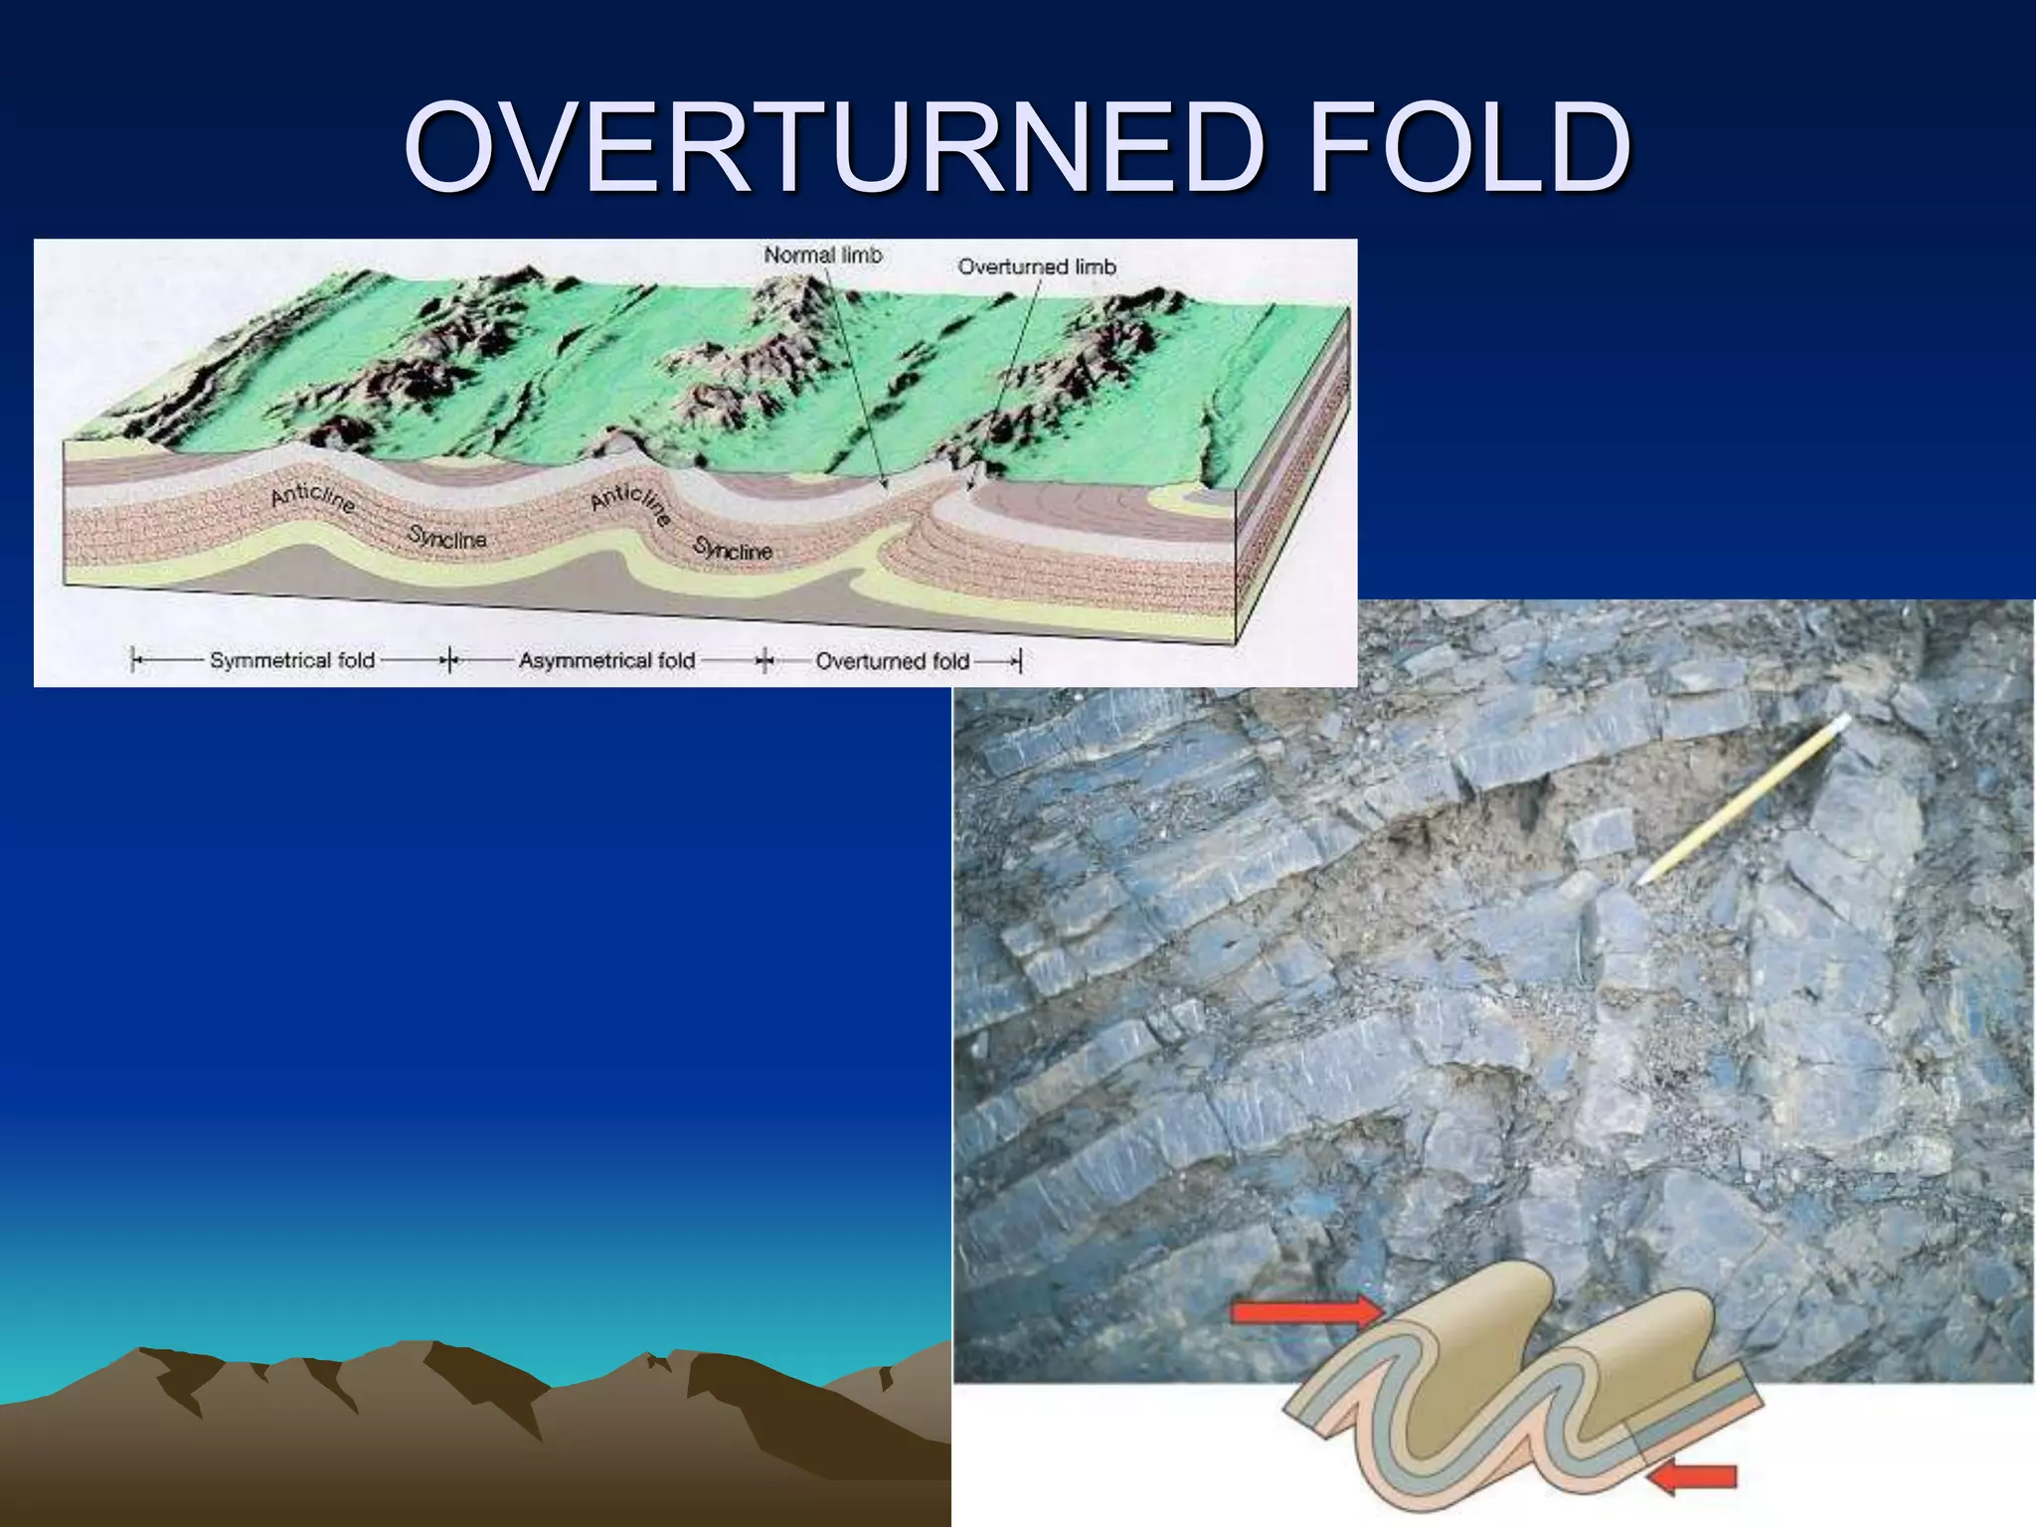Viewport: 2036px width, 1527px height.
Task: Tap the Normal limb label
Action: (822, 255)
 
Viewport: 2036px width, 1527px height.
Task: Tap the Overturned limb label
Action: (1036, 266)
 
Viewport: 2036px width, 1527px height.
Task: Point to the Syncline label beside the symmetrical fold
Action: (447, 538)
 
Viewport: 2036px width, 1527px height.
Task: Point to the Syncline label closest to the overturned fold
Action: (733, 549)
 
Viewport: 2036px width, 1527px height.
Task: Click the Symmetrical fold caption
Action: (291, 660)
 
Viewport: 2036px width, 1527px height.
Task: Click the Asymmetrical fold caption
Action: (606, 660)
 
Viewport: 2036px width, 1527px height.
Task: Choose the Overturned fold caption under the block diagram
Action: (892, 661)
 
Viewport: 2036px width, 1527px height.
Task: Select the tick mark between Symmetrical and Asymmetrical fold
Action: (449, 660)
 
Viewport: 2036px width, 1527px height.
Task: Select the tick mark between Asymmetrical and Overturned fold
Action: (764, 660)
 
